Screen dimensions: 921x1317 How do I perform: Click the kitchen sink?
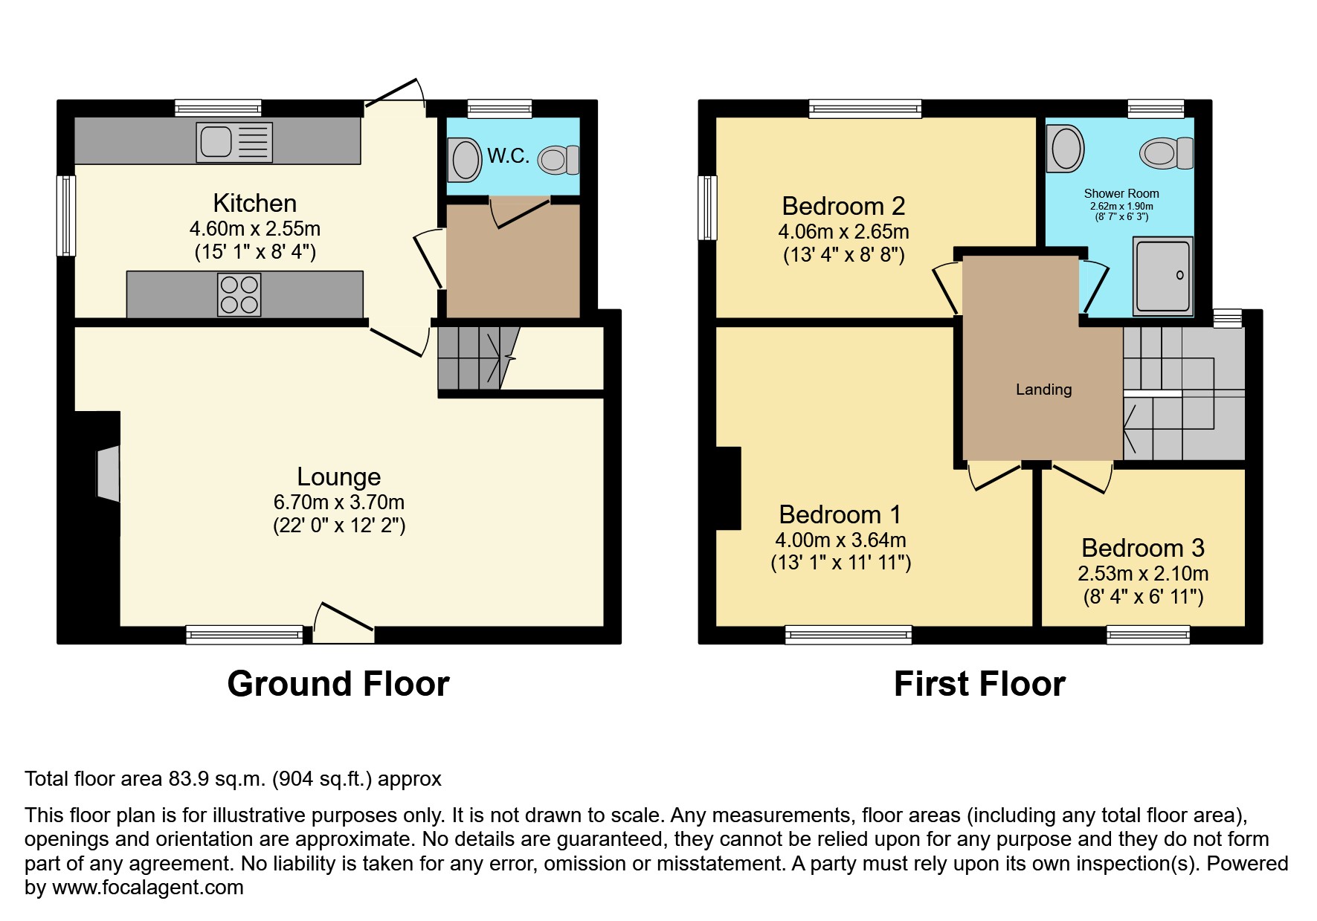(x=234, y=142)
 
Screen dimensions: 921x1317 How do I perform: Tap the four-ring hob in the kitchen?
(x=239, y=295)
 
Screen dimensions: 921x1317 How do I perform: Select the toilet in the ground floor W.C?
(x=558, y=159)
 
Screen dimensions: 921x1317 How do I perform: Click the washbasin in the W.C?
(x=466, y=159)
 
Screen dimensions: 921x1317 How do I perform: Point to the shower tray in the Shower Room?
(x=1162, y=276)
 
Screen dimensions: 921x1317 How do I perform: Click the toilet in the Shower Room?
(x=1165, y=153)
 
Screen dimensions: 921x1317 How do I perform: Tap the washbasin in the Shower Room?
(x=1065, y=148)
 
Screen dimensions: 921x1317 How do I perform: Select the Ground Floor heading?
(x=338, y=684)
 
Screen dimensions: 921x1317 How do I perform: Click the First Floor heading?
(x=979, y=684)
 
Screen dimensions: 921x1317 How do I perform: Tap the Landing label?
(x=1043, y=390)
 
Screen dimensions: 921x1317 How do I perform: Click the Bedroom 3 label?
(x=1142, y=548)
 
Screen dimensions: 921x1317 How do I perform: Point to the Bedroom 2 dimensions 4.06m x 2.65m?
(x=843, y=232)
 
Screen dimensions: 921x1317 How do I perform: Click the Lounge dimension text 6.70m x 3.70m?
(x=339, y=502)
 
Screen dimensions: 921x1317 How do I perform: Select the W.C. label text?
(x=509, y=156)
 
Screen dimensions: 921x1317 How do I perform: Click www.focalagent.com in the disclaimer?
(x=147, y=888)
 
